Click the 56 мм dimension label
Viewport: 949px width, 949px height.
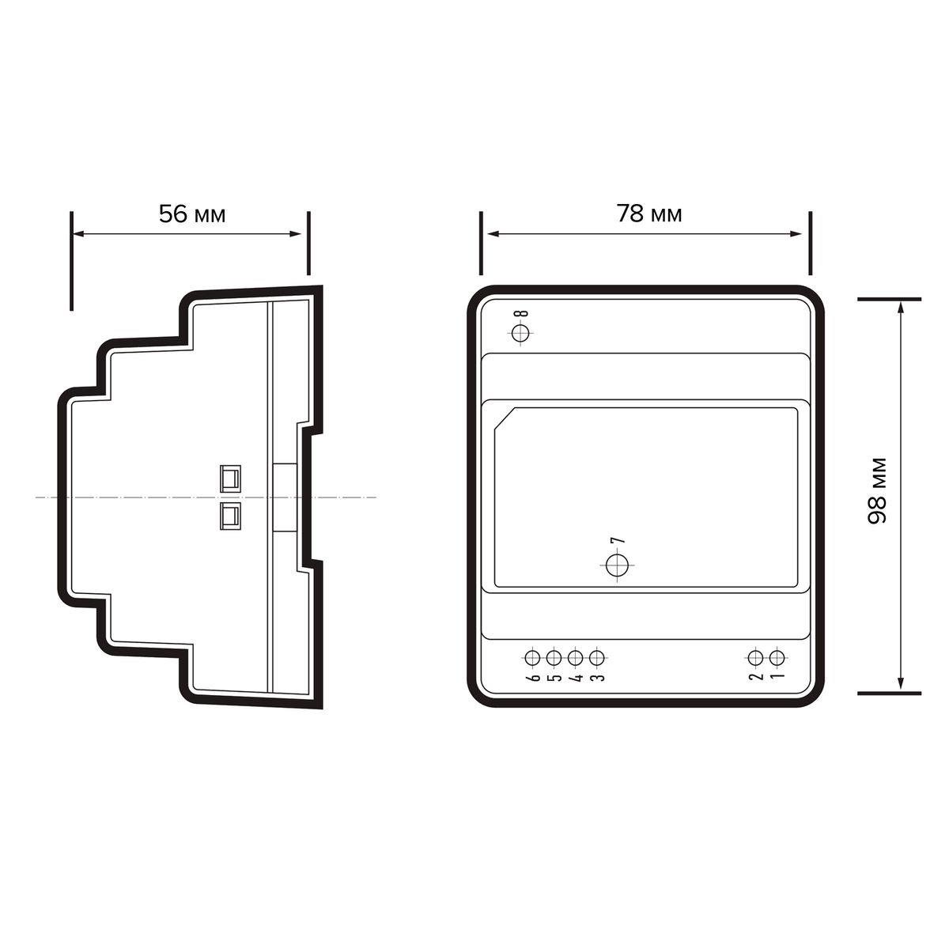pos(192,214)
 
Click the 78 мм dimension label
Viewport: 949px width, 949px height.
pos(649,214)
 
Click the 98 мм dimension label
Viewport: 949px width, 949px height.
pos(877,491)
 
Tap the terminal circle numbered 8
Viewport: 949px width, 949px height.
pos(520,334)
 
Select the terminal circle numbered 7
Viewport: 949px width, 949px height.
pos(617,565)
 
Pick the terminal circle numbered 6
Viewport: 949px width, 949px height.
pos(532,657)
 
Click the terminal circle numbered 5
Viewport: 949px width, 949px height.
pos(554,657)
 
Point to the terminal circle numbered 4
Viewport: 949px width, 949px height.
pos(575,657)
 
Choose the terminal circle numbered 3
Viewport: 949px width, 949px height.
pos(596,657)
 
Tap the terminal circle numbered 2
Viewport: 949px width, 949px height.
pos(755,657)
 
